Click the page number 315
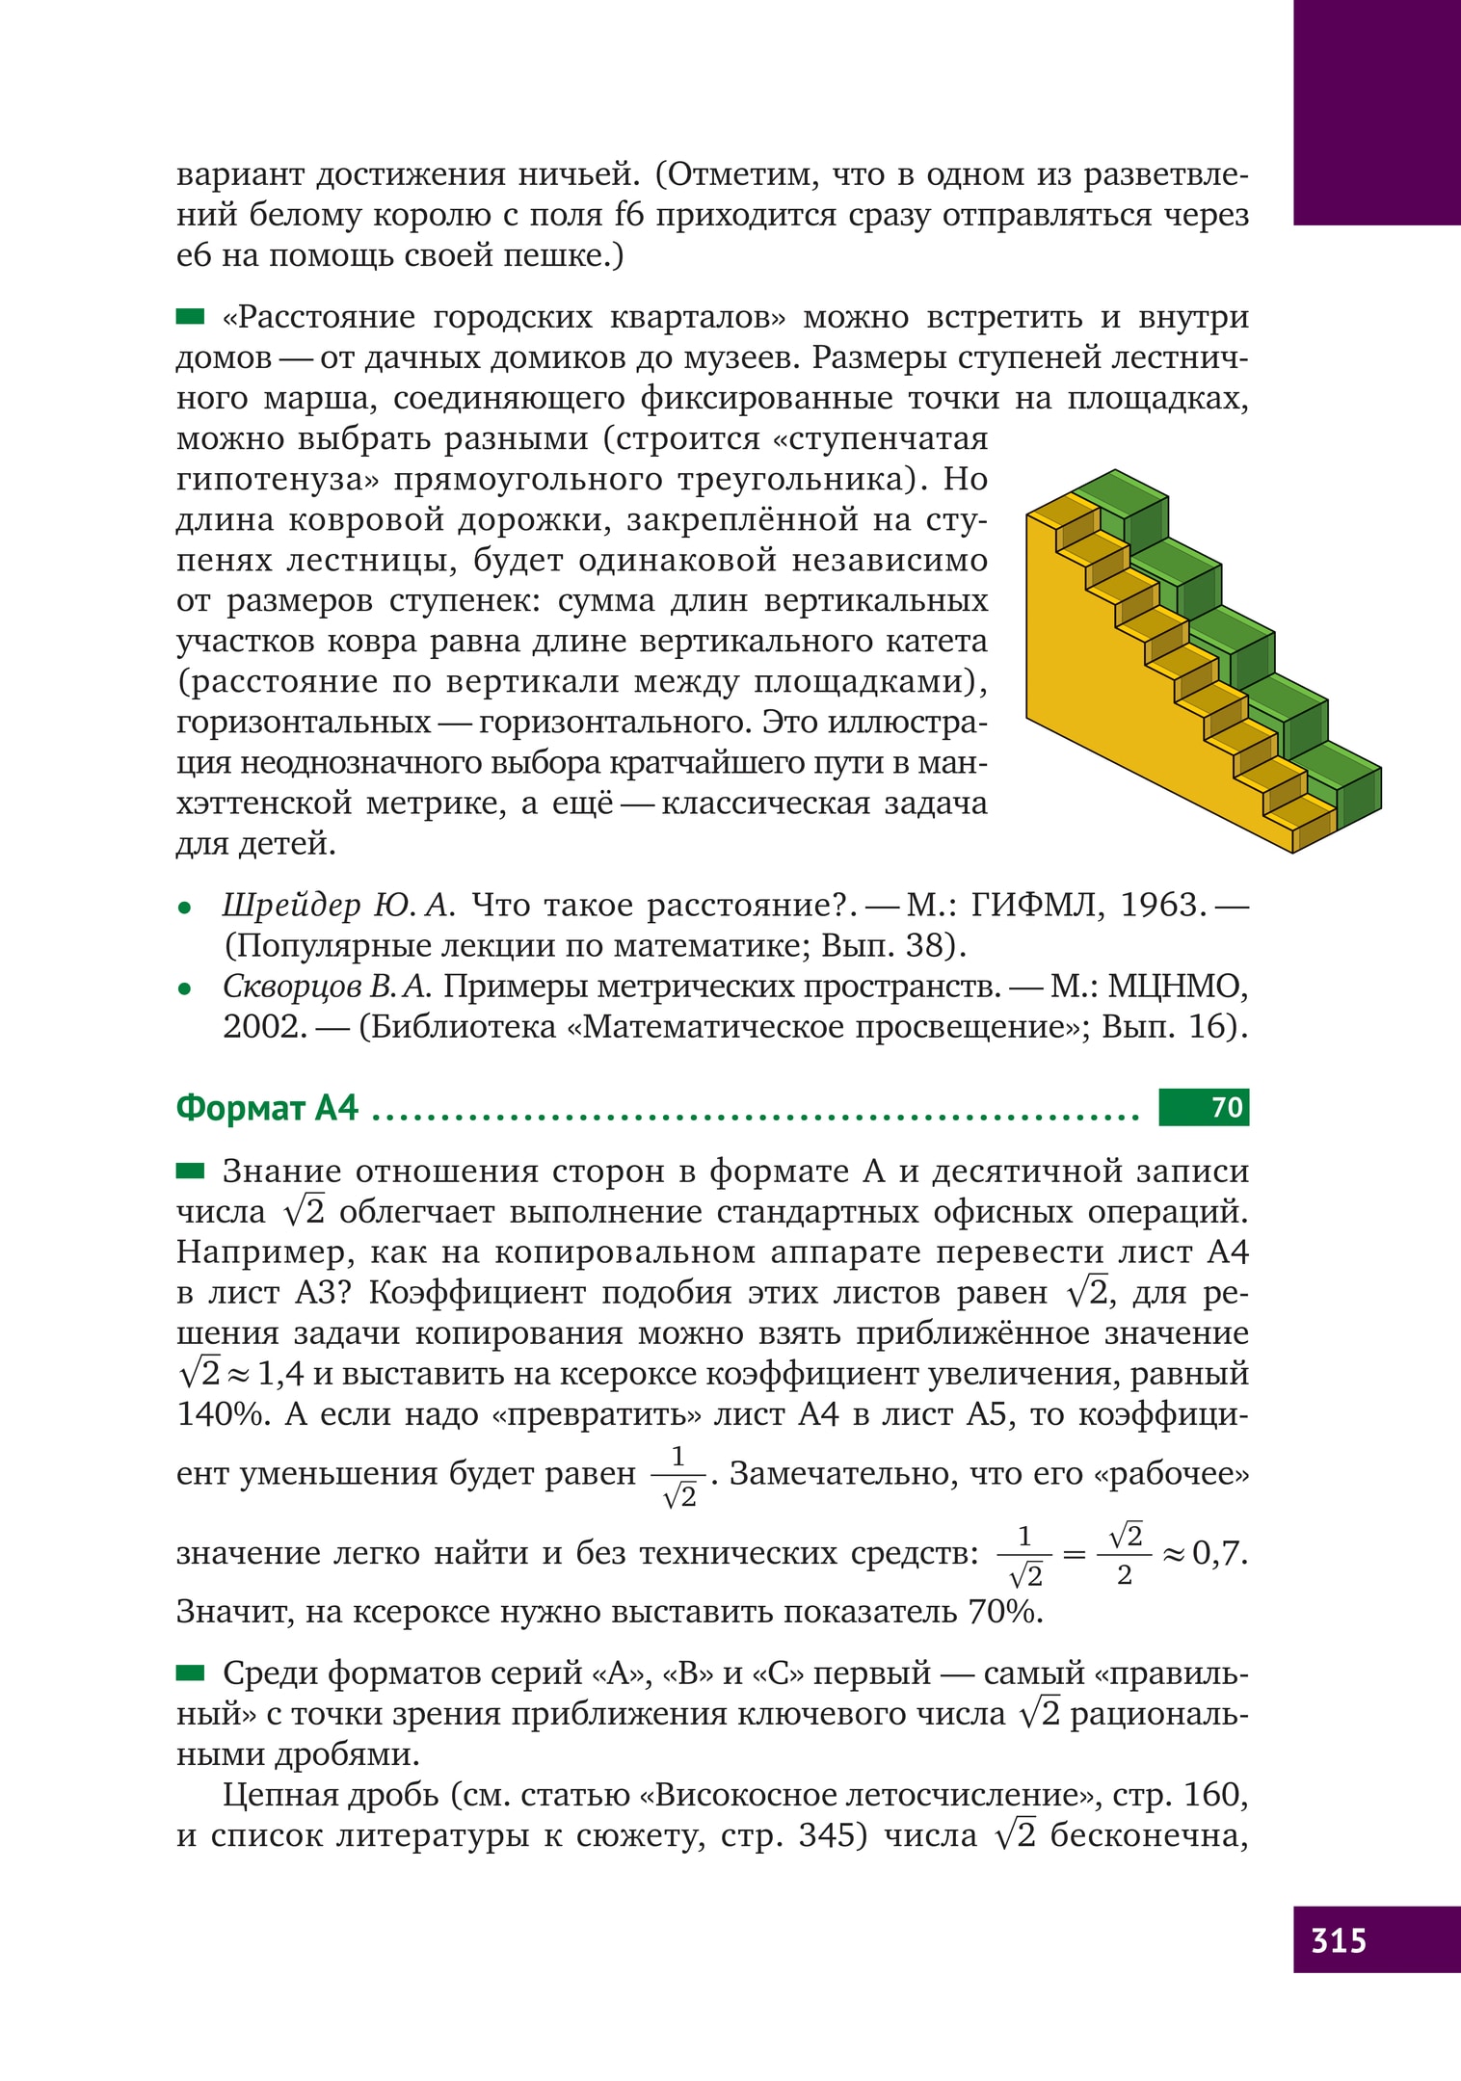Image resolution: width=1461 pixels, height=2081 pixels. pyautogui.click(x=1339, y=1938)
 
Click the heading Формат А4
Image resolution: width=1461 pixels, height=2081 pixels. pyautogui.click(x=267, y=1108)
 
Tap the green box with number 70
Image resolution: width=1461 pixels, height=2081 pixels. pyautogui.click(x=1204, y=1107)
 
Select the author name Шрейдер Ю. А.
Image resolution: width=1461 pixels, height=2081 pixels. pyautogui.click(x=337, y=906)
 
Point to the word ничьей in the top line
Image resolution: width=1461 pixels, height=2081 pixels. pyautogui.click(x=578, y=175)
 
